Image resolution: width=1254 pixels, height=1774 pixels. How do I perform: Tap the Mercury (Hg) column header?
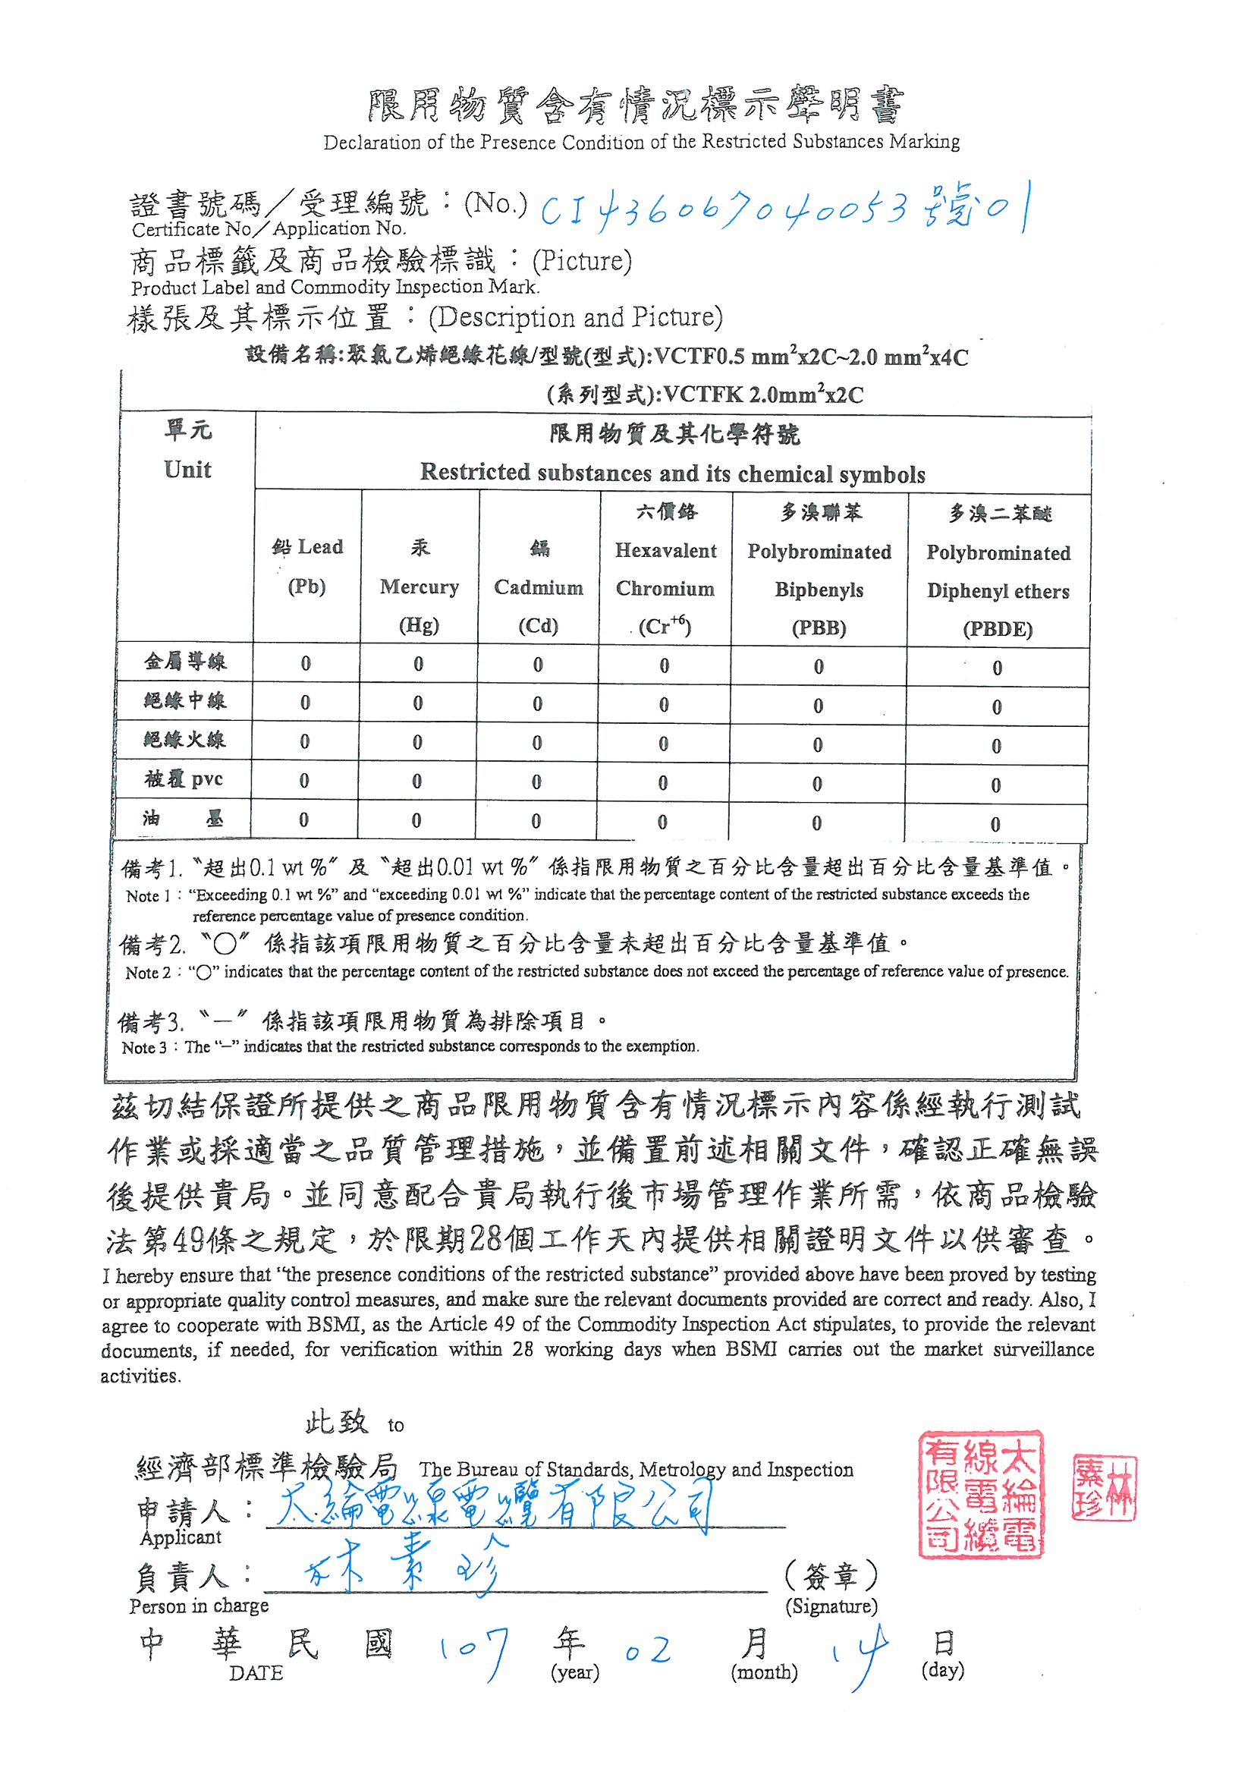pos(419,587)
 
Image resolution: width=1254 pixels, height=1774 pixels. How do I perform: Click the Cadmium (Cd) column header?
pos(538,587)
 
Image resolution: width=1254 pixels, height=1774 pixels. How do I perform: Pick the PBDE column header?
pos(998,572)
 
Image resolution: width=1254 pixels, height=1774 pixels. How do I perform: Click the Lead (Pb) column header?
pos(306,566)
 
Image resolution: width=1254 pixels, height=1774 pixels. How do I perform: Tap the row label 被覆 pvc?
pos(184,778)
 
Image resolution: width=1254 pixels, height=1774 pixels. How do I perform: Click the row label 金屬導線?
pos(184,662)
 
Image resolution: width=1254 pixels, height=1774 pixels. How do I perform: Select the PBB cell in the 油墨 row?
pos(817,823)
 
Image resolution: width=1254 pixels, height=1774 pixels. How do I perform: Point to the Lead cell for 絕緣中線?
pos(305,703)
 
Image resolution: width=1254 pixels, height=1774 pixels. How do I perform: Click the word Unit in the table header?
pos(187,470)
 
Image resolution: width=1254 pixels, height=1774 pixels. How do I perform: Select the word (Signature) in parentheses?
pos(831,1606)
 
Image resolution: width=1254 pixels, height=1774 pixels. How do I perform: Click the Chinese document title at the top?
pos(633,107)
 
